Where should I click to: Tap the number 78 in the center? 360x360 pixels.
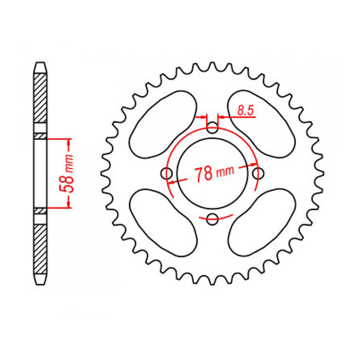click(204, 174)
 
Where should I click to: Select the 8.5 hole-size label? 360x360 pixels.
click(245, 110)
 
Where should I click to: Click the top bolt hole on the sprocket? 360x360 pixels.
click(212, 128)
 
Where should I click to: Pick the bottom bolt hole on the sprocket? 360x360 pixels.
click(212, 218)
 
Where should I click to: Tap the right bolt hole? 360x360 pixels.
click(257, 173)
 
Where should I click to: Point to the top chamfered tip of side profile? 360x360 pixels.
click(41, 66)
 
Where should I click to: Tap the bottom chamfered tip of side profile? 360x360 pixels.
click(41, 280)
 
